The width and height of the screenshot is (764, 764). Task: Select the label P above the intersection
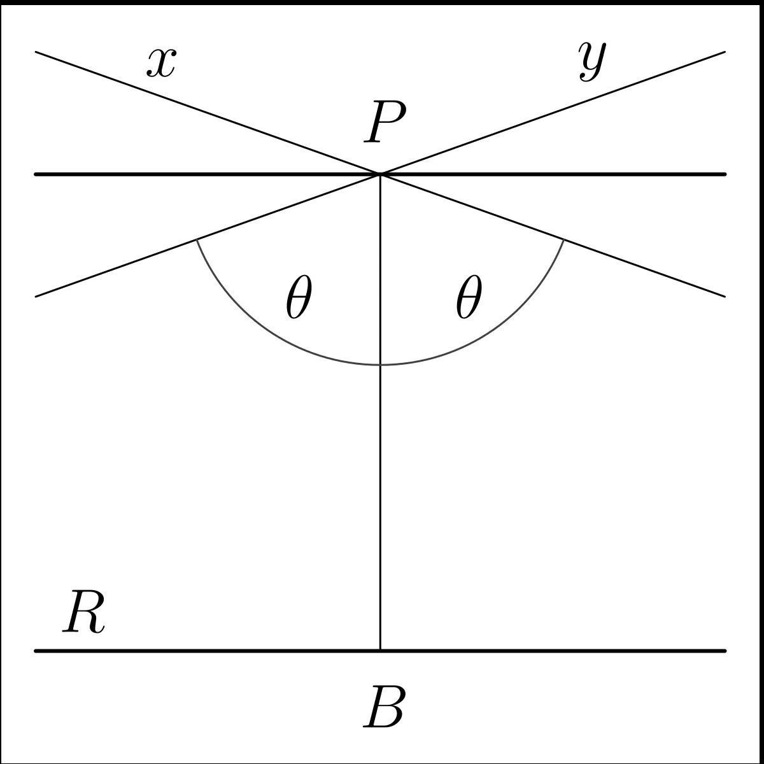384,124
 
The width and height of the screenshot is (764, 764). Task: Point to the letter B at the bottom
383,707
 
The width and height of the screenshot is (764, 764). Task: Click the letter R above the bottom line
83,612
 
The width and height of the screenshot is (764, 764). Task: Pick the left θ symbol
299,298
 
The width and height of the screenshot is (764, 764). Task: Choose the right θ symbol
469,298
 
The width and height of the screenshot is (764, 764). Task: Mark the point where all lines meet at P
380,173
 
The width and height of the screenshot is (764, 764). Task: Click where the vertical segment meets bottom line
380,651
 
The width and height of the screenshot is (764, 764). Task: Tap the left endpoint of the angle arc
197,239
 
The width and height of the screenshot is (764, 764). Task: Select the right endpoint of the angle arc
563,239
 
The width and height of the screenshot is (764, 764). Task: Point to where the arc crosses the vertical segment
380,365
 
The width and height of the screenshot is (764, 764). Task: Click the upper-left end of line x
36,52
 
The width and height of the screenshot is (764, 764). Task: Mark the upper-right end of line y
725,52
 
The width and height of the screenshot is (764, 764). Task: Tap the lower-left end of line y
36,296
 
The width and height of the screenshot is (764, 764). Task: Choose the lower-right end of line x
725,296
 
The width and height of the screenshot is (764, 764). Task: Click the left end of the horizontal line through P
36,174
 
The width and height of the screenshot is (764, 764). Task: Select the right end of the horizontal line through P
725,174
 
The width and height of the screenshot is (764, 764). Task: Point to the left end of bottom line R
36,651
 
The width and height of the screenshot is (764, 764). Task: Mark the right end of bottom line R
725,651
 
